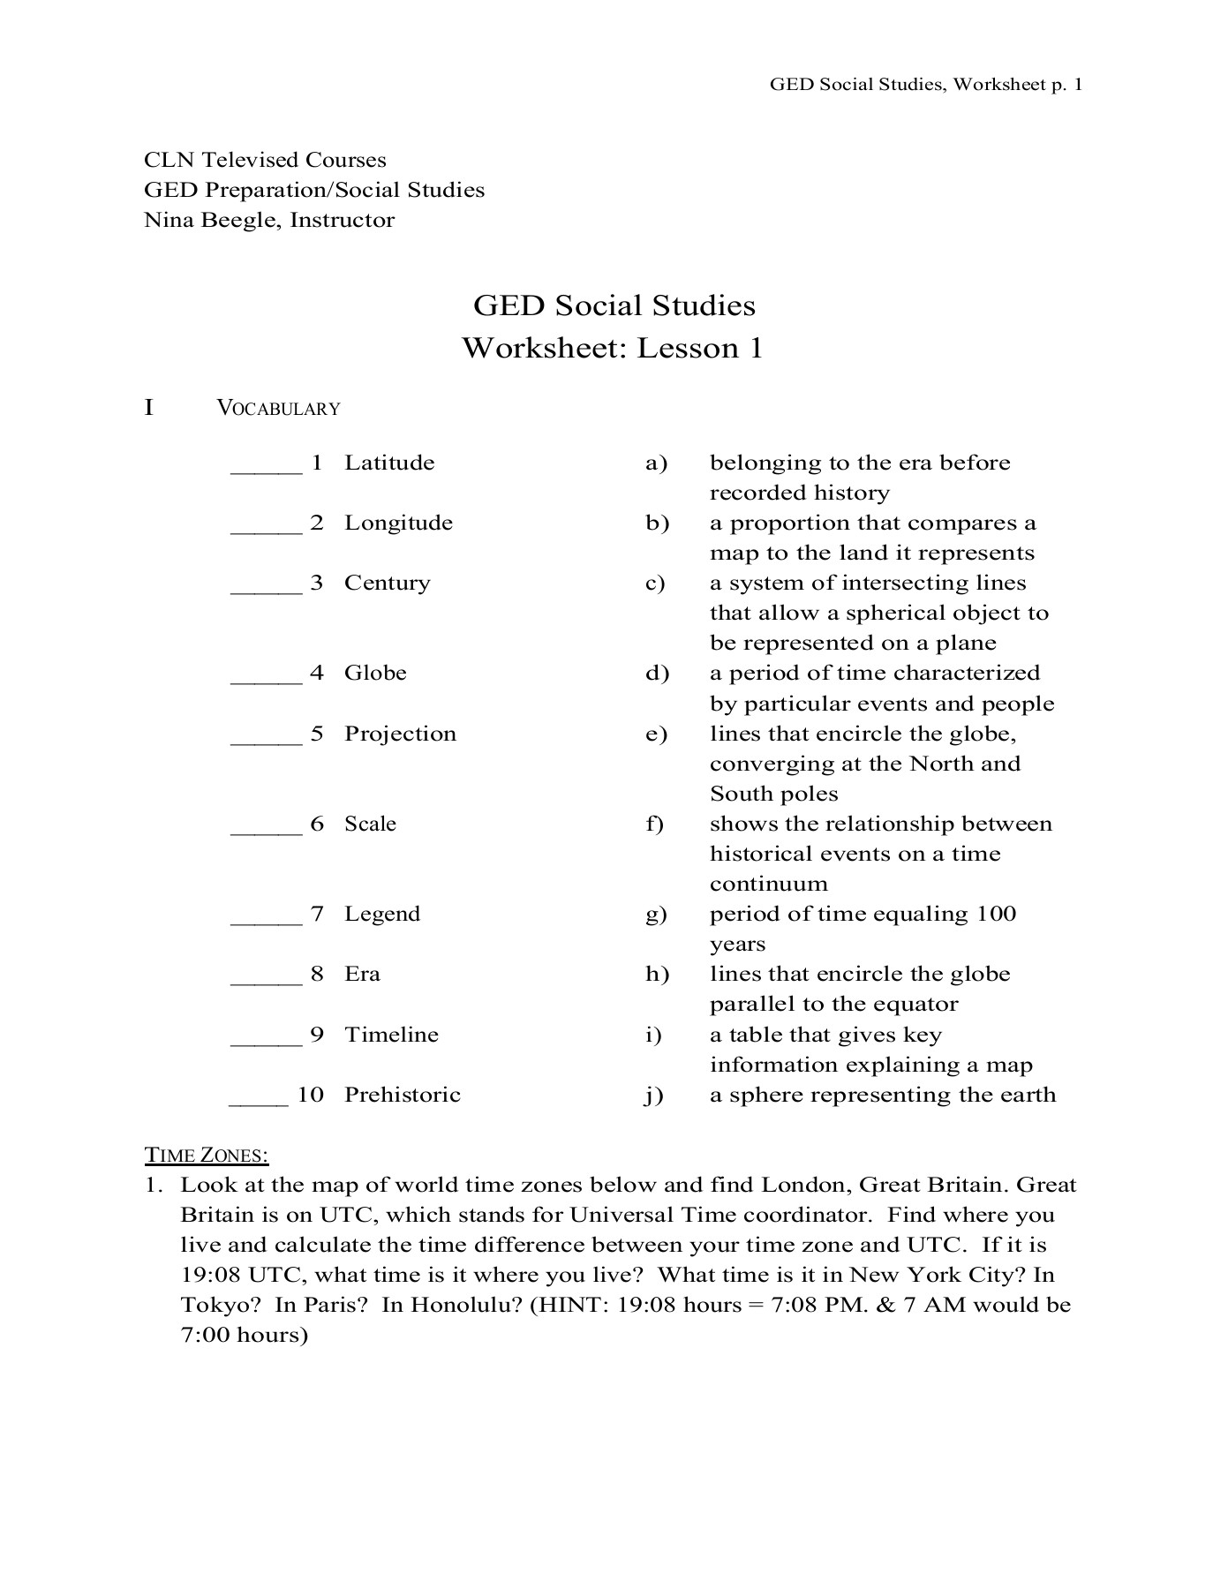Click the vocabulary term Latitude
pyautogui.click(x=389, y=463)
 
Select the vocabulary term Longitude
pyautogui.click(x=398, y=523)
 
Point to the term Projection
pyautogui.click(x=400, y=734)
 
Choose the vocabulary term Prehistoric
pyautogui.click(x=403, y=1095)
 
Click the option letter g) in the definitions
pyautogui.click(x=656, y=915)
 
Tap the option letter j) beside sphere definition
pyautogui.click(x=654, y=1096)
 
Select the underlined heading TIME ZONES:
pyautogui.click(x=207, y=1155)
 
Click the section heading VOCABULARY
pyautogui.click(x=278, y=409)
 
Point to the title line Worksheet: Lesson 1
pyautogui.click(x=613, y=348)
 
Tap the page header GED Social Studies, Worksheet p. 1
pyautogui.click(x=926, y=85)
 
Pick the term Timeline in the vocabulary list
pyautogui.click(x=391, y=1035)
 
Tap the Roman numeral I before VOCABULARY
pyautogui.click(x=149, y=408)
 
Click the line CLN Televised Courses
pyautogui.click(x=265, y=160)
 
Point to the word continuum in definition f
pyautogui.click(x=769, y=884)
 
